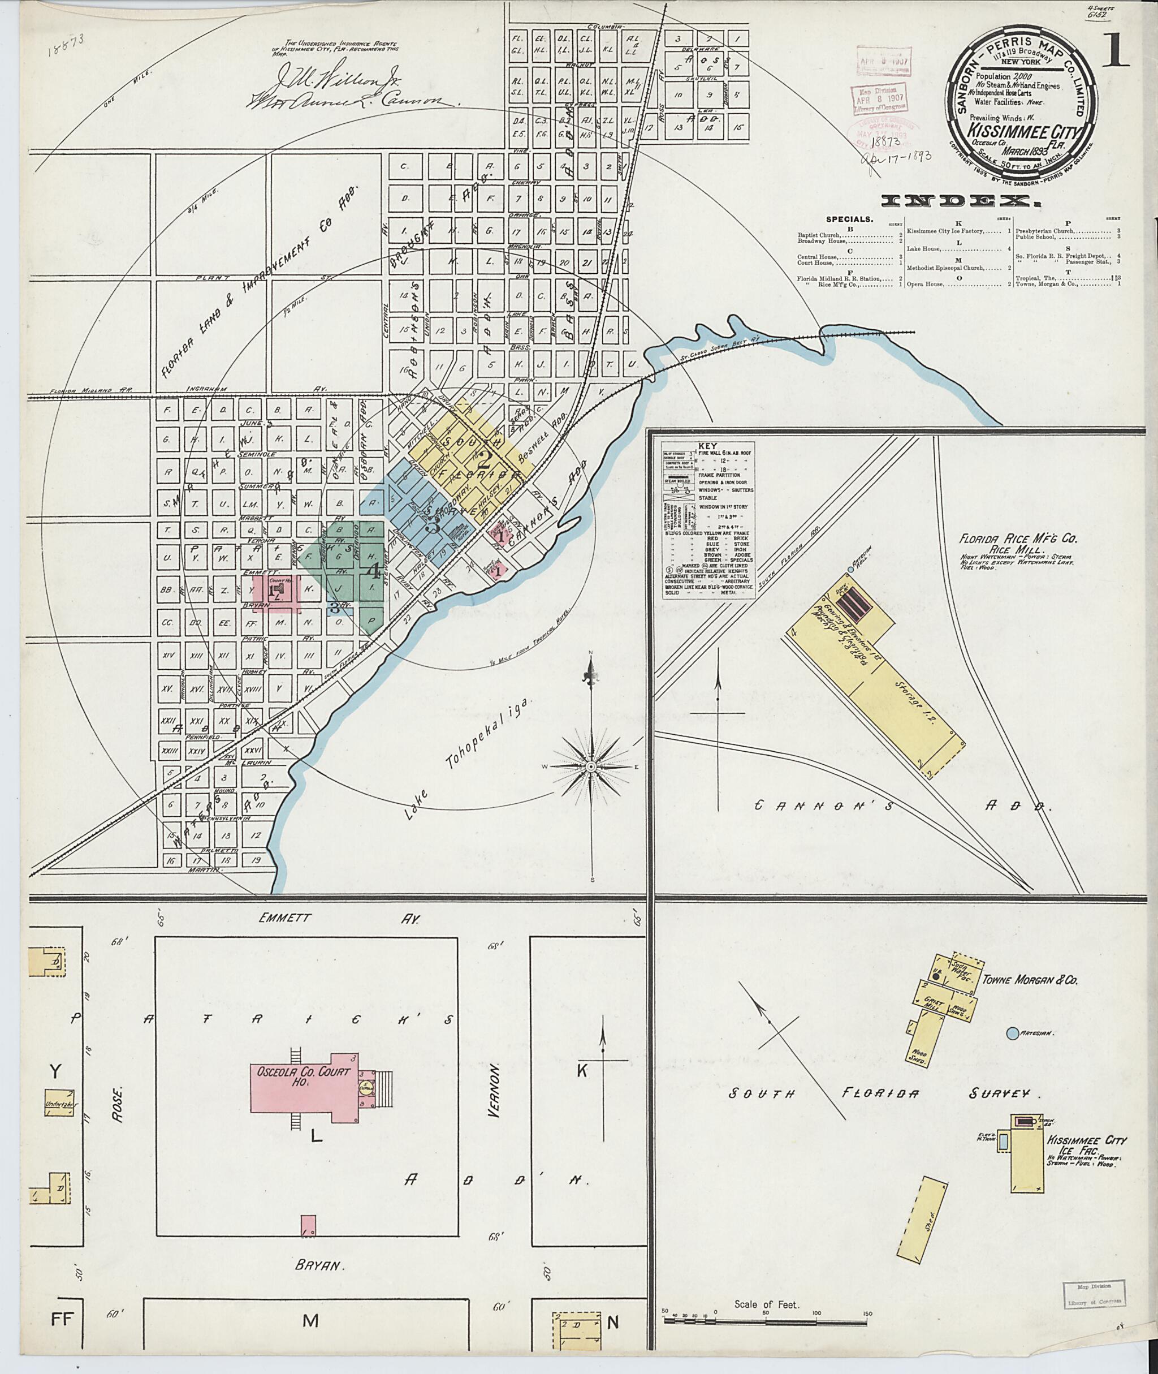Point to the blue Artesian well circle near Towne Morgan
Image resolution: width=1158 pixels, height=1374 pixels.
click(1012, 1033)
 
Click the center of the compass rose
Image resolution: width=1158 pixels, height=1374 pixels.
click(590, 767)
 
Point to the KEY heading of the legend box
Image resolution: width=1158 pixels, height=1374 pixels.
click(708, 445)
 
